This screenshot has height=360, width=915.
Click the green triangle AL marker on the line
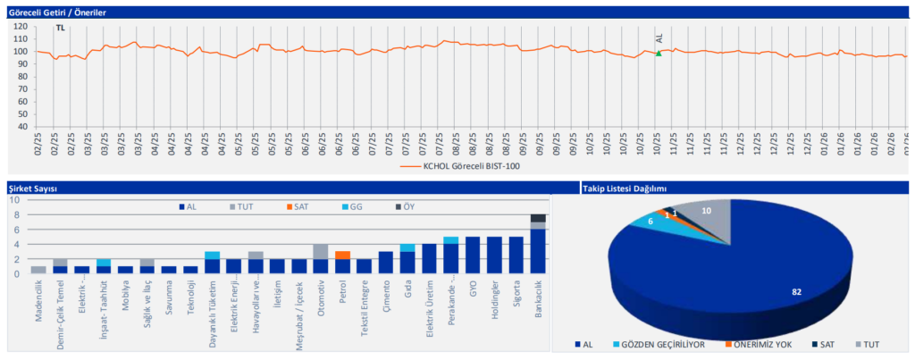(x=659, y=54)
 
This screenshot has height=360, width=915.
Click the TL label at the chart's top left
(x=60, y=29)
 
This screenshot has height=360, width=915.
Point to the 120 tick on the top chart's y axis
(x=22, y=26)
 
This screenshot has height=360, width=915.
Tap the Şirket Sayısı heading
(x=34, y=188)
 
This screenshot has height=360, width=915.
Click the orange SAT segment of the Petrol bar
(x=342, y=255)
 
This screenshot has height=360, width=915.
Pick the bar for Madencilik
(x=38, y=270)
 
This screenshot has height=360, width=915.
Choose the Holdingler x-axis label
(x=495, y=298)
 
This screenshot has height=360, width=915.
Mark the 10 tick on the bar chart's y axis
(x=14, y=199)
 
